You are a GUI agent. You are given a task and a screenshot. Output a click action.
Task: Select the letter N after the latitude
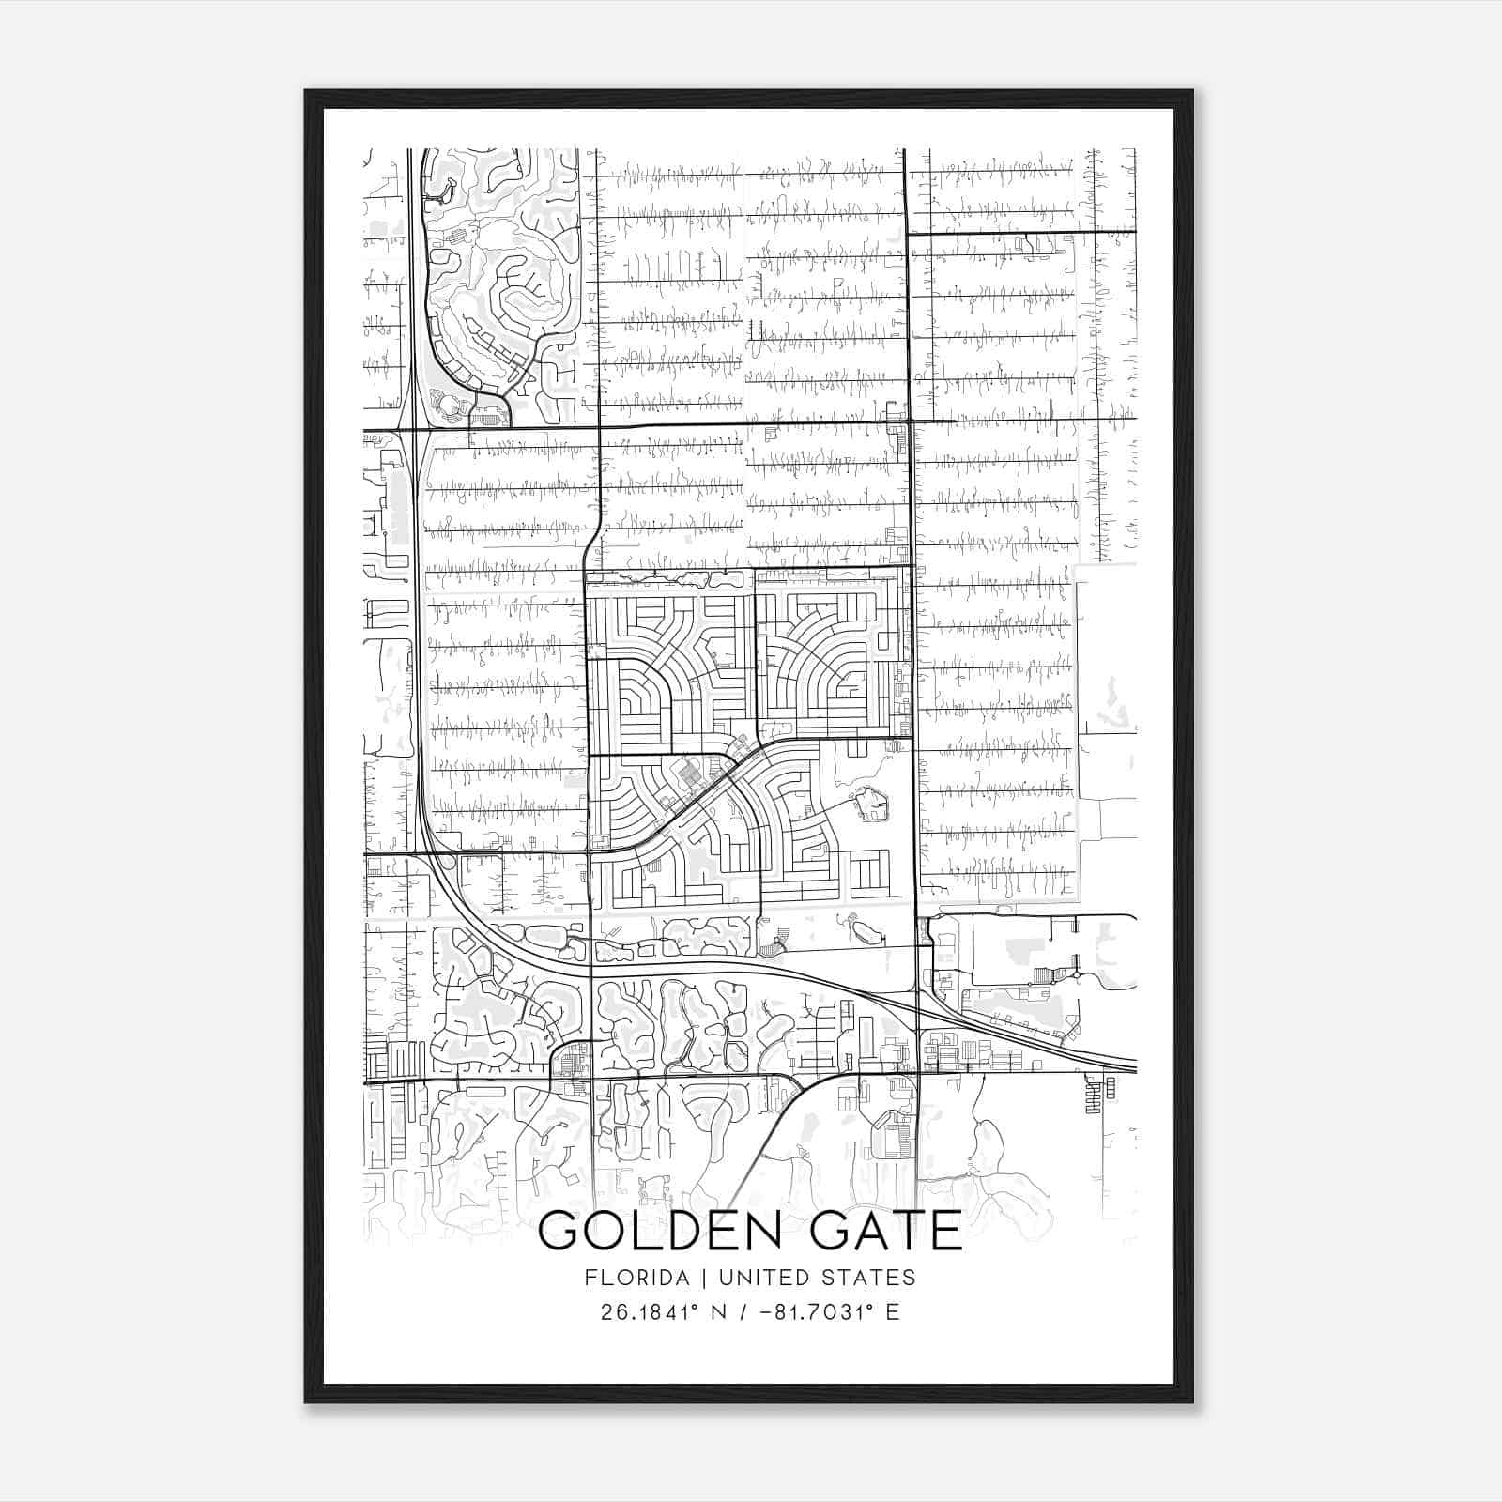[721, 1312]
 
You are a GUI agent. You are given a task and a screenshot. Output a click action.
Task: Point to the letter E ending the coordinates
[893, 1312]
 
